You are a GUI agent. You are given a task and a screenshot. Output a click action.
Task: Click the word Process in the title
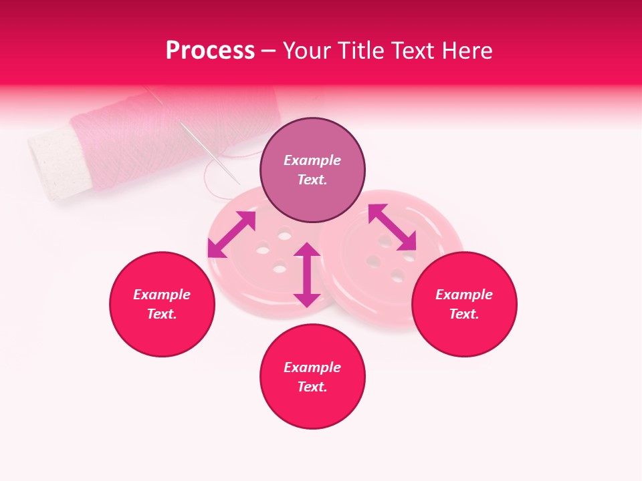pyautogui.click(x=210, y=51)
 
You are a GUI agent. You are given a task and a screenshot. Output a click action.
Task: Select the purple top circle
pyautogui.click(x=312, y=170)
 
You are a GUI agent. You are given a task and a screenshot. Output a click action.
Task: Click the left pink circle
pyautogui.click(x=162, y=304)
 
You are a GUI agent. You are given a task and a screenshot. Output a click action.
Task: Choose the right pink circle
pyautogui.click(x=464, y=304)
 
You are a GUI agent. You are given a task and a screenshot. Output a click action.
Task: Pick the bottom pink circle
pyautogui.click(x=312, y=377)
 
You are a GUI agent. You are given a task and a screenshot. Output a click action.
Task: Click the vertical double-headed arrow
pyautogui.click(x=307, y=275)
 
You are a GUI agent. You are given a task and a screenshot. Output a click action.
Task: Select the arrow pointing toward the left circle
pyautogui.click(x=231, y=234)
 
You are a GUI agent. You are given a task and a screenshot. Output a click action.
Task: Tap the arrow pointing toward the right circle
pyautogui.click(x=392, y=227)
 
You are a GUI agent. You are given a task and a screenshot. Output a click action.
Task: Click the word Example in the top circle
pyautogui.click(x=312, y=160)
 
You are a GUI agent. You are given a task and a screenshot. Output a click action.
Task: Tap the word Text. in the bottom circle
pyautogui.click(x=312, y=387)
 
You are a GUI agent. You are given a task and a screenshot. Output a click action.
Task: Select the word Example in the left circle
pyautogui.click(x=162, y=295)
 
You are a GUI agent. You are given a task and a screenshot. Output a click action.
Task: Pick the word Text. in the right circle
pyautogui.click(x=464, y=314)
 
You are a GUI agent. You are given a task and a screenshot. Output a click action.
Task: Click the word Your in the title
pyautogui.click(x=305, y=51)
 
